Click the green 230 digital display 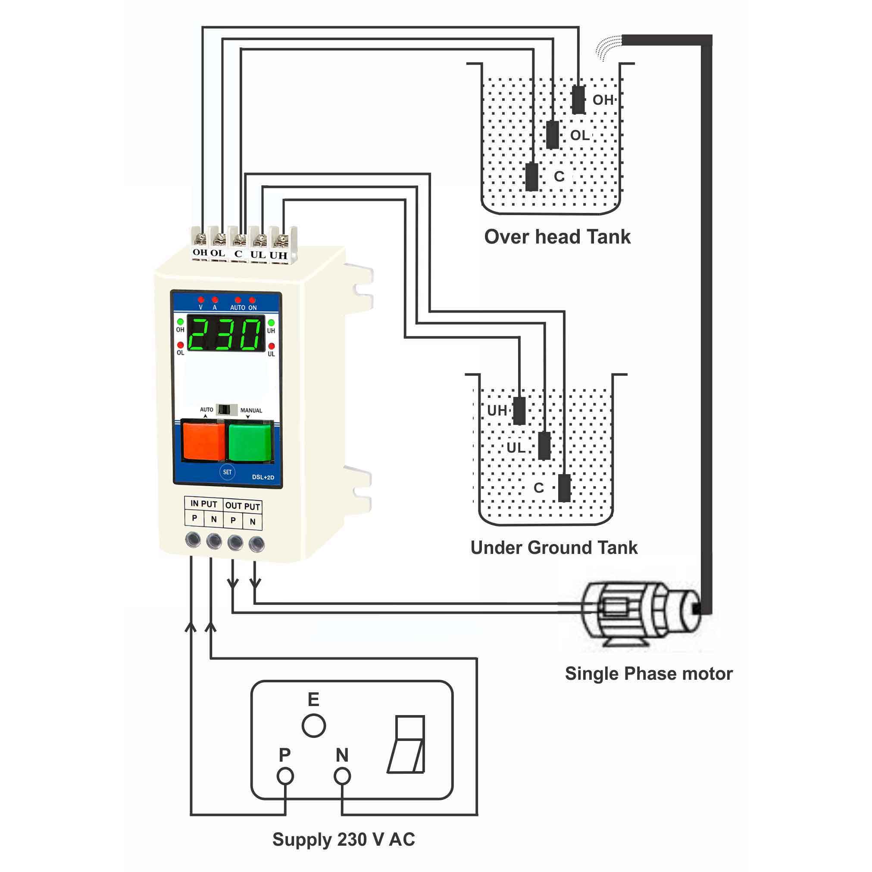(x=226, y=334)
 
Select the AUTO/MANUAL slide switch (x=227, y=410)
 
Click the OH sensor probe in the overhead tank (x=578, y=100)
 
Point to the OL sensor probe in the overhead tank (x=553, y=134)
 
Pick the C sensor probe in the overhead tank (x=532, y=177)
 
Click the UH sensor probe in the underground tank (x=519, y=411)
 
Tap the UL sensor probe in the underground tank (x=545, y=446)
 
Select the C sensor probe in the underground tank (x=564, y=488)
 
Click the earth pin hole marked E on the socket (x=314, y=726)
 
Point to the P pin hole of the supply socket (x=285, y=776)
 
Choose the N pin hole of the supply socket (x=342, y=776)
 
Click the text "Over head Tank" (x=557, y=237)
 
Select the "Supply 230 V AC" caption (x=344, y=840)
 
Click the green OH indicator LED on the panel (x=181, y=322)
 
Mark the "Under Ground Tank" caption (x=554, y=547)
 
